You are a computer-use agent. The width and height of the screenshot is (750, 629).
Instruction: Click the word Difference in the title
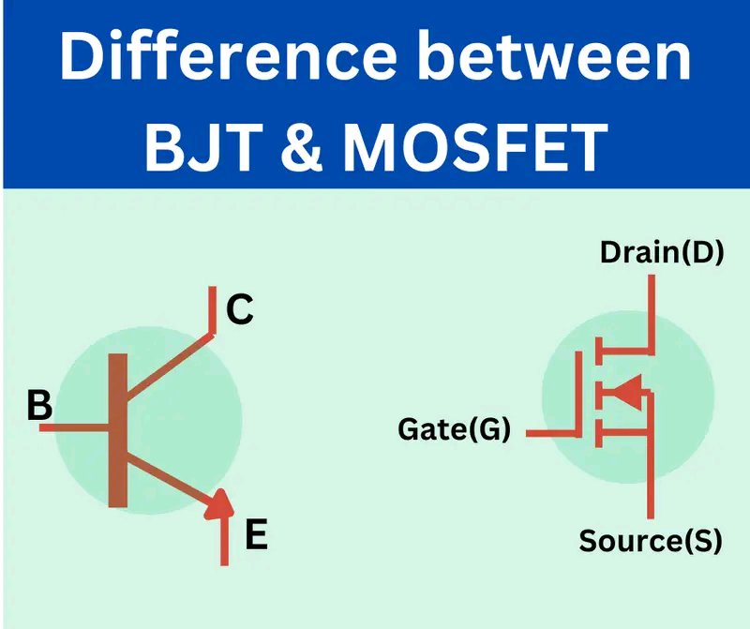click(x=228, y=56)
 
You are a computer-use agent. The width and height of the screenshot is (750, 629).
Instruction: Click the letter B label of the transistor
click(x=39, y=405)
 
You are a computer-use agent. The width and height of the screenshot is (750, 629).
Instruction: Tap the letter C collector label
click(x=240, y=309)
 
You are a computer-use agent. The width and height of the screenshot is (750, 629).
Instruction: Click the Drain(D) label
click(x=662, y=252)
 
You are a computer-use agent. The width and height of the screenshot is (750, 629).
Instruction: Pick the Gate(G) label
click(x=454, y=428)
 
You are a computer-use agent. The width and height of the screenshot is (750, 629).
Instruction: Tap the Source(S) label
click(x=650, y=541)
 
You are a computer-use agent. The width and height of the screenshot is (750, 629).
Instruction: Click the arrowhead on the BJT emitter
click(x=219, y=503)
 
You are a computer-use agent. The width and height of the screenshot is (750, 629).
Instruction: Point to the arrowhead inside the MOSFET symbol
click(x=627, y=392)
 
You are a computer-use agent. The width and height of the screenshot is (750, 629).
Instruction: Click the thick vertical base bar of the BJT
click(x=118, y=430)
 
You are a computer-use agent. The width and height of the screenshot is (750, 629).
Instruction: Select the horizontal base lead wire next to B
click(x=74, y=428)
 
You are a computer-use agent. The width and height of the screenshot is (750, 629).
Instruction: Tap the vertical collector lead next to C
click(x=213, y=309)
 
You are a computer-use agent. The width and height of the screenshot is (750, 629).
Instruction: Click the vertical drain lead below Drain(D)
click(x=651, y=315)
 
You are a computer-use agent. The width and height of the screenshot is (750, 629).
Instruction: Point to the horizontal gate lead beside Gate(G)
click(x=553, y=433)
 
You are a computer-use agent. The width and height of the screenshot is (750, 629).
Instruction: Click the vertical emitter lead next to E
click(x=224, y=542)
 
